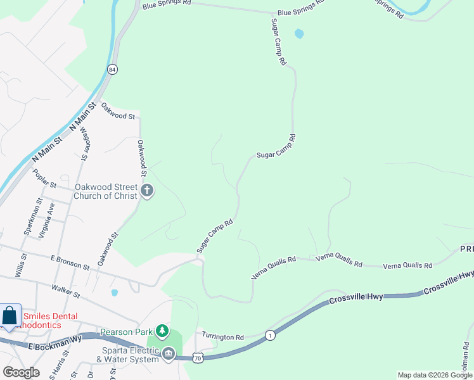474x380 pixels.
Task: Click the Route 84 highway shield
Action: (x=112, y=70)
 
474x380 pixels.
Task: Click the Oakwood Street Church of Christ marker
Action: (x=147, y=191)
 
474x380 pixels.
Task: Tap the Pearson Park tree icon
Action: (x=163, y=331)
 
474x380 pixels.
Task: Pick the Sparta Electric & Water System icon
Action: (x=168, y=353)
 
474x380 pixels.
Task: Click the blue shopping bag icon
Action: (x=10, y=316)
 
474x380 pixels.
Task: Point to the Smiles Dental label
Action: (x=51, y=317)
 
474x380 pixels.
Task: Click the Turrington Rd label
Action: (x=222, y=338)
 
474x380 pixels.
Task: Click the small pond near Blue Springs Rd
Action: (x=299, y=34)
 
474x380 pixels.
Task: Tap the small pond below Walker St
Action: (x=114, y=293)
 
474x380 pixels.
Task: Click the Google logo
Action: (x=21, y=372)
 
